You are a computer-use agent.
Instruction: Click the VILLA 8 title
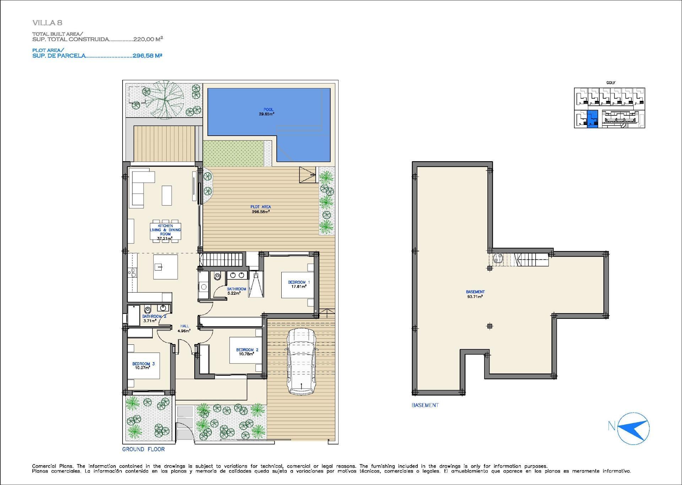(x=47, y=23)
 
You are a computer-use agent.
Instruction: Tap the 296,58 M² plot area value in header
(x=147, y=56)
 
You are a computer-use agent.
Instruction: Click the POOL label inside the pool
(x=268, y=110)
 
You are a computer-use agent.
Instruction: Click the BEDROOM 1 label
(x=299, y=282)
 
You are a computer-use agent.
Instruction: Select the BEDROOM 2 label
(x=247, y=350)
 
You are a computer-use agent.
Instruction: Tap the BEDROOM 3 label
(x=143, y=364)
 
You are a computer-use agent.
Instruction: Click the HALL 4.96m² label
(x=184, y=328)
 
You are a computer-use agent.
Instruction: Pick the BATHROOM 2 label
(x=154, y=316)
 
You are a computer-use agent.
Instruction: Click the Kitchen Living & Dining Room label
(x=165, y=230)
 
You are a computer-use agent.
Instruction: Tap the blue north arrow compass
(x=633, y=428)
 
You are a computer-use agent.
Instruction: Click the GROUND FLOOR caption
(x=143, y=449)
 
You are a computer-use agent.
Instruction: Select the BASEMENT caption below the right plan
(x=425, y=405)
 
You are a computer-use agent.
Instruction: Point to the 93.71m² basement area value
(x=475, y=296)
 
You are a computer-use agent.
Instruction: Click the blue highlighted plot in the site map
(x=592, y=119)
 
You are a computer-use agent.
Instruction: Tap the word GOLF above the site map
(x=611, y=83)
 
